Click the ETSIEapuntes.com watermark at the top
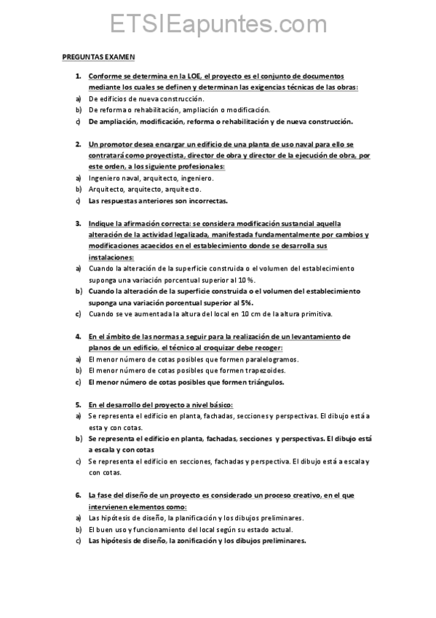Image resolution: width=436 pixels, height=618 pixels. [218, 25]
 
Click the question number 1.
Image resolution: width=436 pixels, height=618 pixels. [78, 77]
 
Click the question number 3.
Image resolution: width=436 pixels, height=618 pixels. [78, 224]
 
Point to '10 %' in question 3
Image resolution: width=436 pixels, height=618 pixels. [267, 280]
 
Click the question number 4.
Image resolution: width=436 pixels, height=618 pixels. [78, 337]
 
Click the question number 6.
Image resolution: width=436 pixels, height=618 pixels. [78, 495]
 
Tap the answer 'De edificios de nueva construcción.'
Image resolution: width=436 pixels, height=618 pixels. [146, 99]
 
